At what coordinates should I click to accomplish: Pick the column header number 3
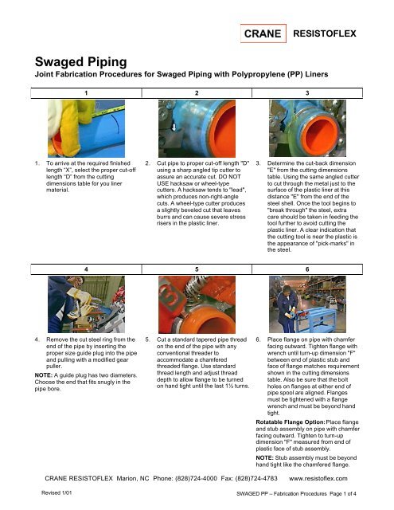(x=306, y=92)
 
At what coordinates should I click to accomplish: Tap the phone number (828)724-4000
(x=203, y=479)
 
